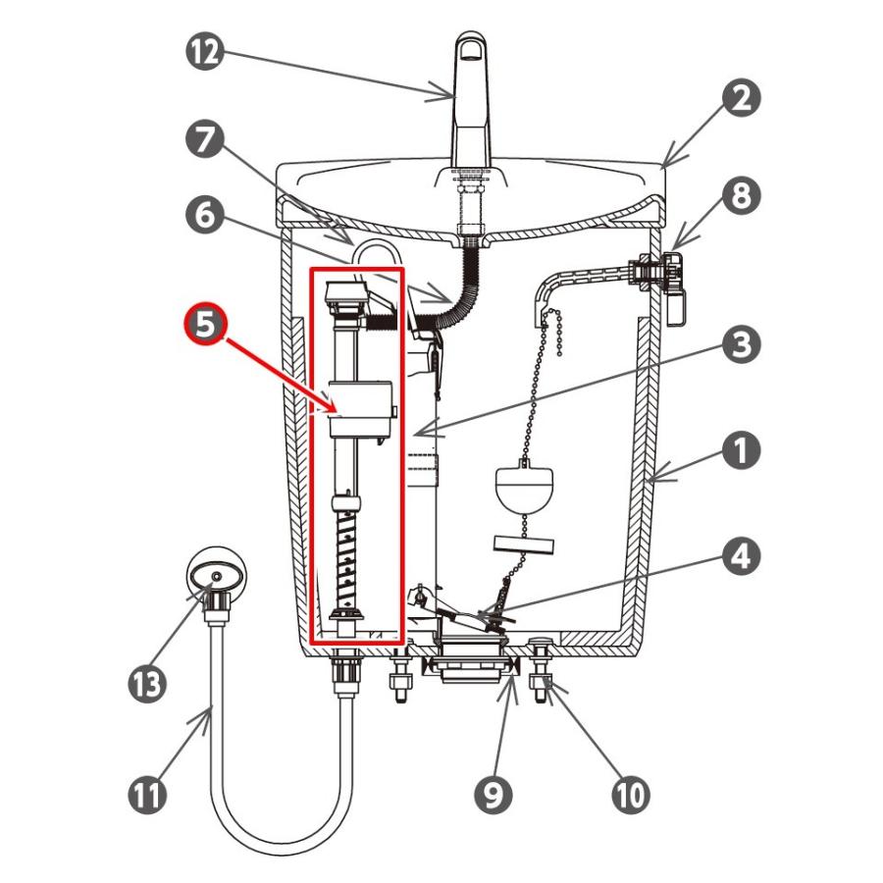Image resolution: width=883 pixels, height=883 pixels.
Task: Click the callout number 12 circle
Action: click(205, 52)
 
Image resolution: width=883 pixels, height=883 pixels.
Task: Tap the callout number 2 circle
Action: click(741, 97)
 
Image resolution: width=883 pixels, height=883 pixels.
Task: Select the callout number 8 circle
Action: click(741, 195)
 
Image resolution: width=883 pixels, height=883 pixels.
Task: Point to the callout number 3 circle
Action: click(741, 344)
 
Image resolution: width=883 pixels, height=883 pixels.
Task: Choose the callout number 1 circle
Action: click(741, 450)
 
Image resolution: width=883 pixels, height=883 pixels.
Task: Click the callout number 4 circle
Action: click(741, 555)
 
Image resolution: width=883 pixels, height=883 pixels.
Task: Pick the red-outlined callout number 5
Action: click(206, 325)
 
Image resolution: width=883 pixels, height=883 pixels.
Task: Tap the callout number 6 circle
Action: click(205, 215)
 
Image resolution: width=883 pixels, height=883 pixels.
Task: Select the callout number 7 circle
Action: click(205, 139)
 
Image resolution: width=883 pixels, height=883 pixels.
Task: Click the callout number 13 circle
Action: click(147, 684)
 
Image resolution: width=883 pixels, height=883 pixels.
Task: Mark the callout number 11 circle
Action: click(147, 795)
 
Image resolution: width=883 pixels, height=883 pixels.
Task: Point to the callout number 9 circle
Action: click(493, 795)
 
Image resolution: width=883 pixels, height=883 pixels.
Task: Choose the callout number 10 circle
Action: click(631, 795)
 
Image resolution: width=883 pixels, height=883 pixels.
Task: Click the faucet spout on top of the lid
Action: click(470, 100)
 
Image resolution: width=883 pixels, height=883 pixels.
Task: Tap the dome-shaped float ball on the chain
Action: click(524, 486)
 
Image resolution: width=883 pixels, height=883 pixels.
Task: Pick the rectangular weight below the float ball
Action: click(524, 544)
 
